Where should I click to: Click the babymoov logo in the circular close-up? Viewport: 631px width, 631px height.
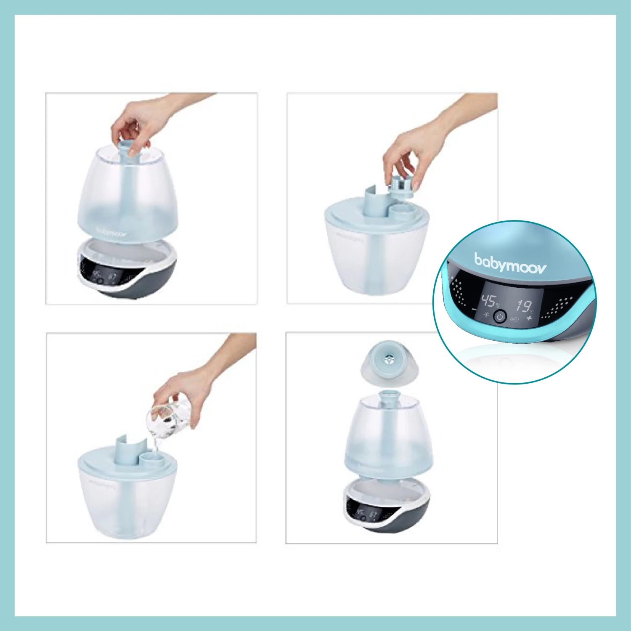(510, 264)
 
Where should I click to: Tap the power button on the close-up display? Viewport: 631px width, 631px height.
(499, 316)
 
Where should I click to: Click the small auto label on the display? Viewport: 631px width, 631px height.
(514, 319)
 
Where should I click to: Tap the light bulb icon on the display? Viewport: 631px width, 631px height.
(487, 314)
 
